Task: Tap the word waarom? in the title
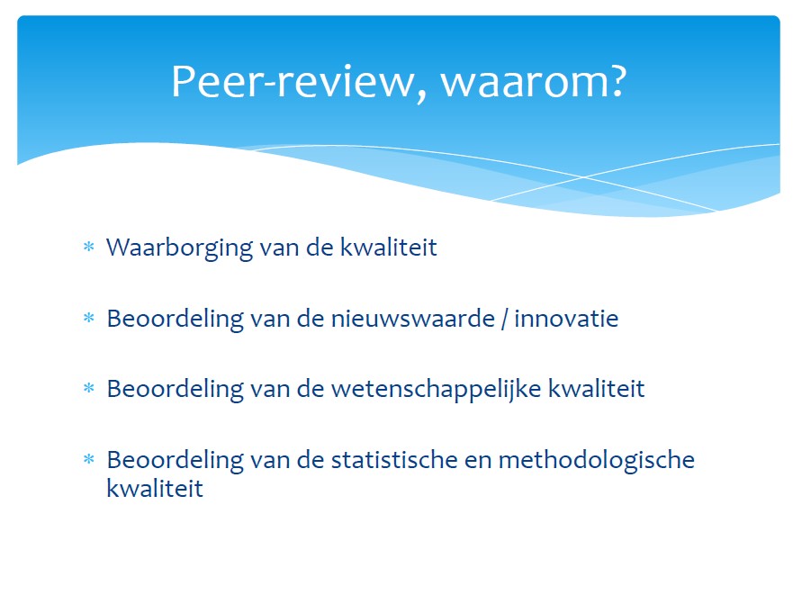[534, 82]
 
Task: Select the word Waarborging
[179, 248]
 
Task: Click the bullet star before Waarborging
[89, 247]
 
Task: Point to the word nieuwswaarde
[412, 319]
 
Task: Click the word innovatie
[566, 319]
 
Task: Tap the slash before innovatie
[504, 320]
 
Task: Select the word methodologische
[597, 461]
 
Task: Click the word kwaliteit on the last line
[155, 488]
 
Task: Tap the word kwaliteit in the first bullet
[389, 248]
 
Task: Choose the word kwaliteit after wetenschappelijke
[597, 389]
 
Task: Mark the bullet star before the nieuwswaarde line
[89, 318]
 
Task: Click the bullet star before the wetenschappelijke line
[89, 388]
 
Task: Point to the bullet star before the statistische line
[89, 459]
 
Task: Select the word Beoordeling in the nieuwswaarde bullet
[175, 320]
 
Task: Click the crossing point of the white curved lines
[582, 177]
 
